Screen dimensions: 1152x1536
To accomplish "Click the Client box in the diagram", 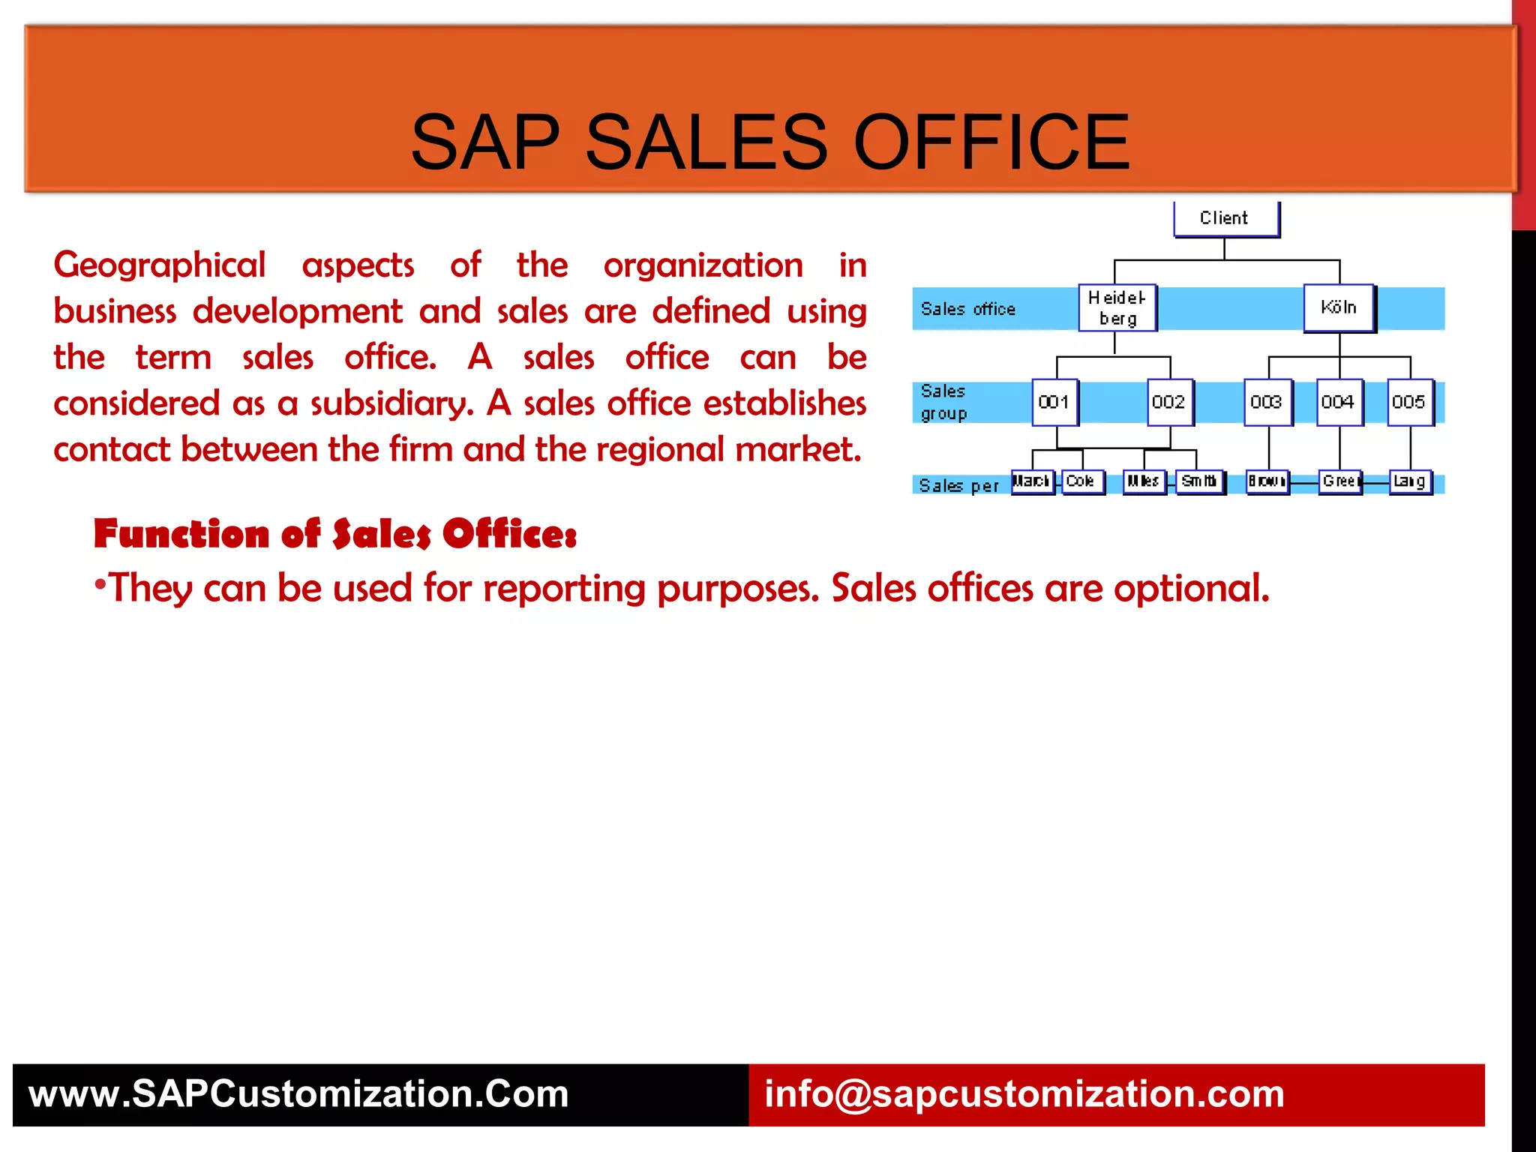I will pyautogui.click(x=1225, y=218).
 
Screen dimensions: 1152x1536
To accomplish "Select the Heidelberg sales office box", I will pyautogui.click(x=1117, y=307).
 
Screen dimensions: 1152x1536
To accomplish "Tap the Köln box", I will pyautogui.click(x=1339, y=307).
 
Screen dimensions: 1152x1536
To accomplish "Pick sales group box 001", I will pyautogui.click(x=1054, y=402).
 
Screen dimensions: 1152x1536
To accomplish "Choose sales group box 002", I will pyautogui.click(x=1169, y=402).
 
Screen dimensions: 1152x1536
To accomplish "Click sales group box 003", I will pyautogui.click(x=1267, y=402).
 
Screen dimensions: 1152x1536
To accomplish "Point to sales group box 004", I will pyautogui.click(x=1339, y=402).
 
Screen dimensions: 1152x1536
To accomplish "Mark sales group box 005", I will pyautogui.click(x=1409, y=402).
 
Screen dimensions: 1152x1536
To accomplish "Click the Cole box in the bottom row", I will pyautogui.click(x=1082, y=481).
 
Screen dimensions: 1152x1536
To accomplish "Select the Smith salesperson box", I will pyautogui.click(x=1199, y=481).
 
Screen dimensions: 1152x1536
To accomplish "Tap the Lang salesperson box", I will pyautogui.click(x=1410, y=481).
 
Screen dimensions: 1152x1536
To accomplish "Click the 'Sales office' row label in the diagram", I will pyautogui.click(x=967, y=309).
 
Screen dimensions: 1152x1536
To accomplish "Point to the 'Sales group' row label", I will pyautogui.click(x=943, y=402).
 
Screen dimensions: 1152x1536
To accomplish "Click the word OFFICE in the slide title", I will pyautogui.click(x=991, y=142).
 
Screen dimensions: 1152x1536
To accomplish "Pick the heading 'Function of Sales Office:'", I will pyautogui.click(x=335, y=534).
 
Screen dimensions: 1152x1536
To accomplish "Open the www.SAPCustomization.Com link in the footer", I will pyautogui.click(x=298, y=1093).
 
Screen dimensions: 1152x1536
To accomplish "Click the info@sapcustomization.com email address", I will pyautogui.click(x=1024, y=1093).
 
